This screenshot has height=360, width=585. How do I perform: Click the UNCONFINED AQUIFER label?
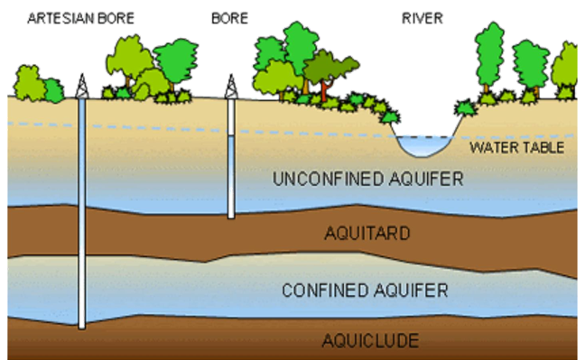[367, 180]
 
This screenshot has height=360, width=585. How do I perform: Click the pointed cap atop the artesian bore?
[81, 86]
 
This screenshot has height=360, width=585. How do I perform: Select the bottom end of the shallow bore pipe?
[230, 215]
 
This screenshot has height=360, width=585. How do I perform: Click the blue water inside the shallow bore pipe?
[230, 176]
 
